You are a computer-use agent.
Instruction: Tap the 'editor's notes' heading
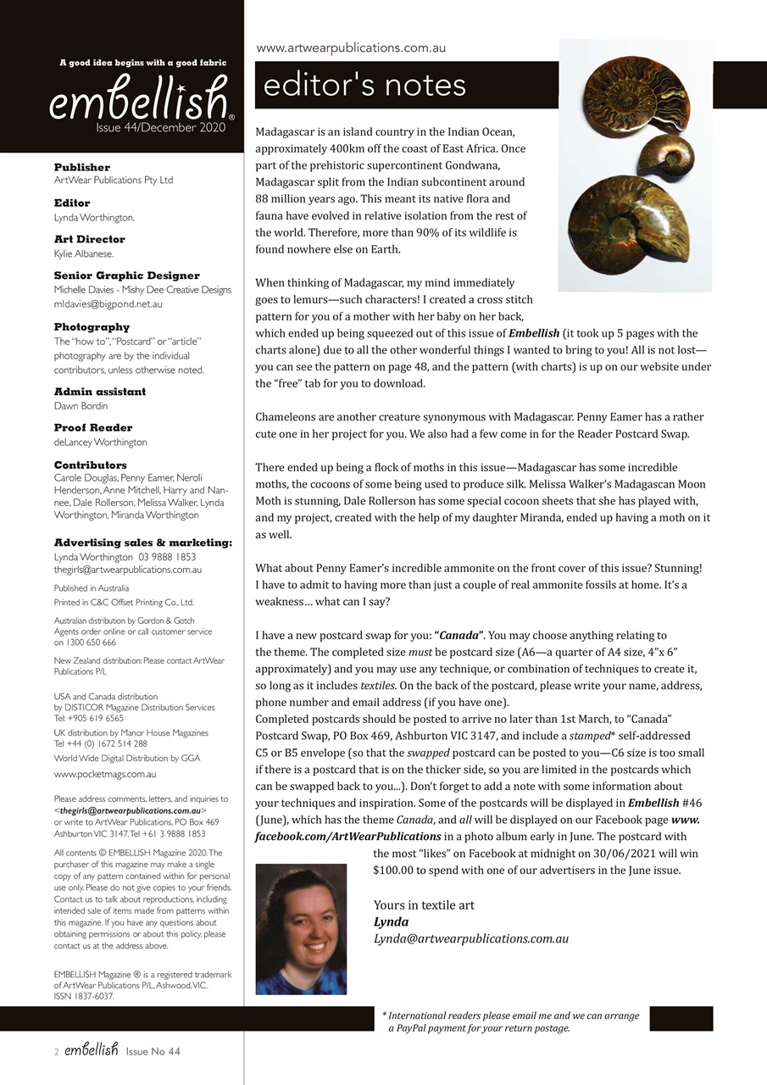[x=365, y=85]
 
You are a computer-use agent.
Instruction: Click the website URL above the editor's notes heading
[x=351, y=48]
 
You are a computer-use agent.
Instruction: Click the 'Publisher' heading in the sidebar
[x=82, y=167]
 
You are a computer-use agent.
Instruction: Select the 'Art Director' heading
[x=89, y=239]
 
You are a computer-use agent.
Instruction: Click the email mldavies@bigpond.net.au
[x=108, y=303]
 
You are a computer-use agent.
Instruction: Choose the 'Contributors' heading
[x=91, y=465]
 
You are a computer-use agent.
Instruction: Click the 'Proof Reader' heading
[x=93, y=427]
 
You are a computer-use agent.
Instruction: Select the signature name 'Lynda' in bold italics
[x=391, y=921]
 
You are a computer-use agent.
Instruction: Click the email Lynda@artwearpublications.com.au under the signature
[x=470, y=938]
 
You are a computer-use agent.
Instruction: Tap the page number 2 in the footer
[x=56, y=1052]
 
